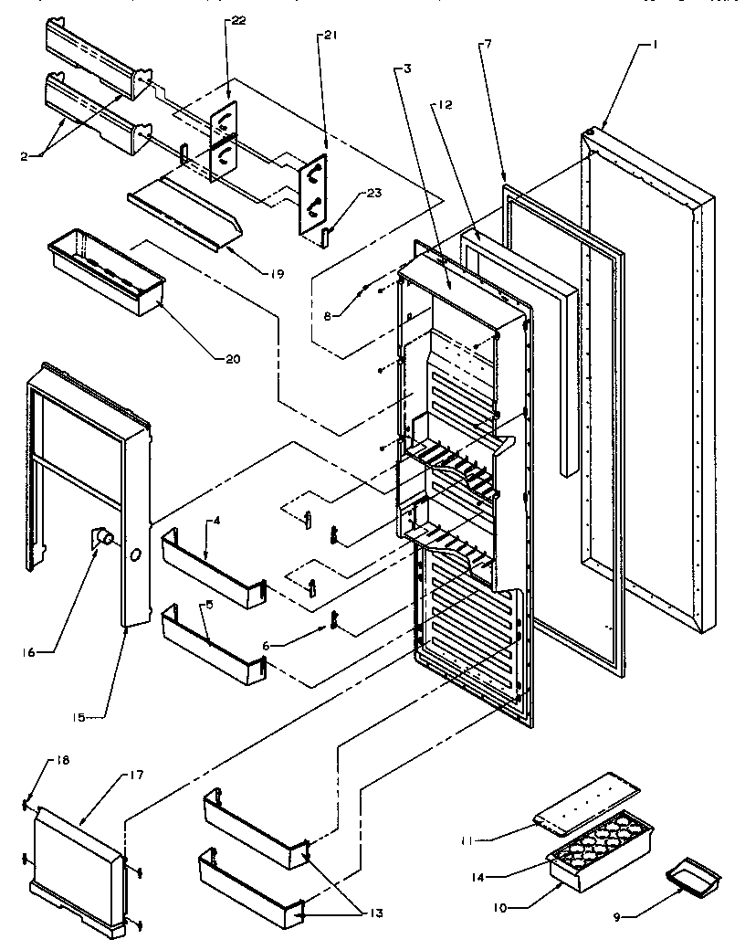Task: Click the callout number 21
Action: [329, 35]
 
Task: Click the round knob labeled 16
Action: [103, 538]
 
